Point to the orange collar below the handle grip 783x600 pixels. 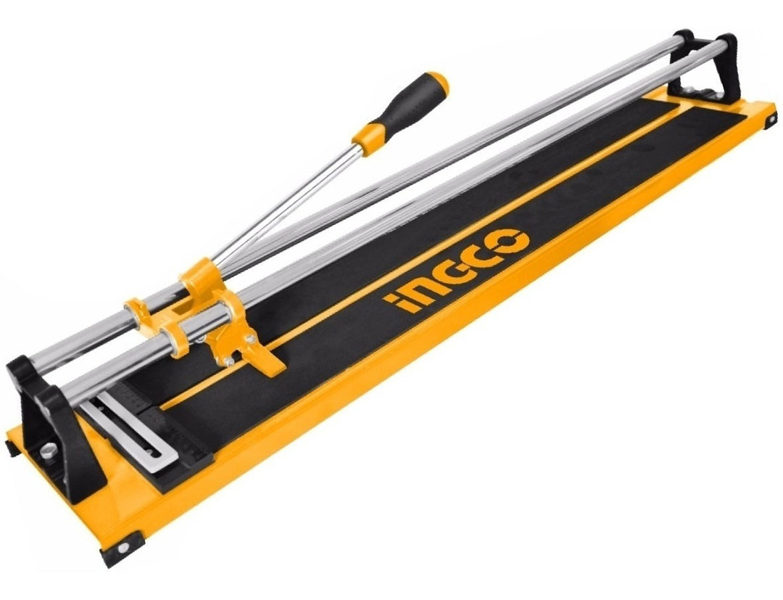click(x=369, y=139)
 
